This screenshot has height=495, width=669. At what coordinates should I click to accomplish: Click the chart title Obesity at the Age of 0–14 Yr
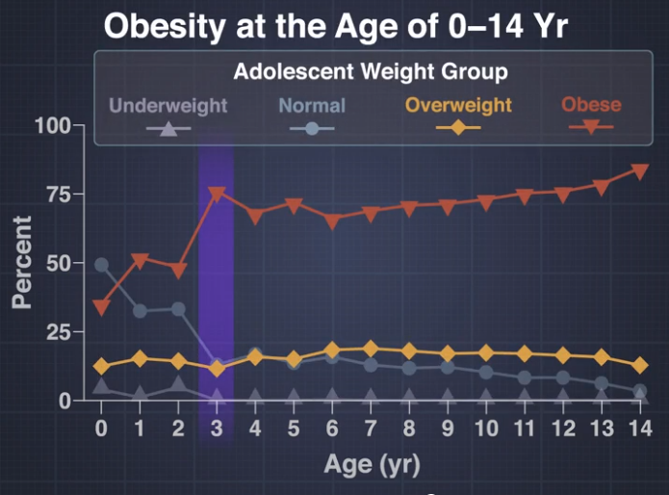click(x=336, y=26)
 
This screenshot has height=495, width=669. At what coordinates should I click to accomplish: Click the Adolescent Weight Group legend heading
click(x=371, y=71)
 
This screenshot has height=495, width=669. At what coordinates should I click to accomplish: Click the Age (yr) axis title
click(x=372, y=466)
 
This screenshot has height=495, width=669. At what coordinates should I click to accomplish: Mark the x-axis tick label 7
click(x=372, y=428)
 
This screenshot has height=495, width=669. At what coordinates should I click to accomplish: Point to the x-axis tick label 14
click(x=639, y=428)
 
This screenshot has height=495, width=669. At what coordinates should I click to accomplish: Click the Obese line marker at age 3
click(x=217, y=194)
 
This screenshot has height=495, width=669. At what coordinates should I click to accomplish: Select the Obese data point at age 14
click(x=639, y=171)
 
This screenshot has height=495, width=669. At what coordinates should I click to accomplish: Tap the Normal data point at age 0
click(x=102, y=265)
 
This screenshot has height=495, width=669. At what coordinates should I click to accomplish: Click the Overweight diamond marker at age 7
click(x=372, y=349)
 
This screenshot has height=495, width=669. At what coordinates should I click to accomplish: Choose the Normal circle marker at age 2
click(x=178, y=309)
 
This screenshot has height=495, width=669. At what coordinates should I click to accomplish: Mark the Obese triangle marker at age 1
click(x=140, y=260)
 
